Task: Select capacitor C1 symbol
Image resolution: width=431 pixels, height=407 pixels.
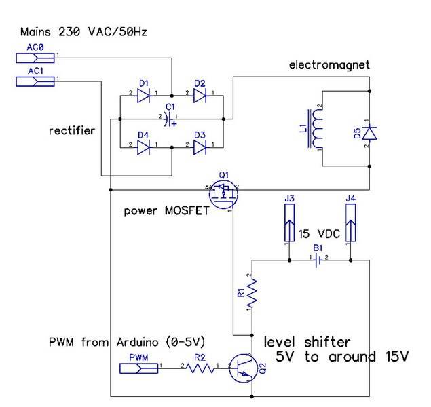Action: pos(169,119)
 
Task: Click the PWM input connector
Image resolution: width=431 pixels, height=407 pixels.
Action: pos(139,368)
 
